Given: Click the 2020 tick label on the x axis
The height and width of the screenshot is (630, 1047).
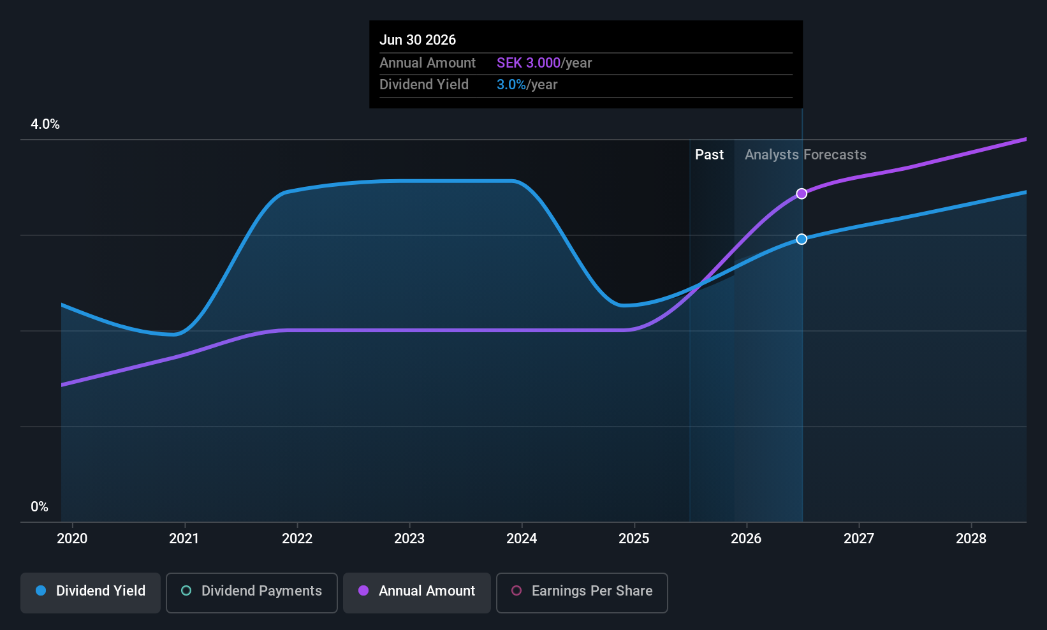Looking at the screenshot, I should tap(72, 539).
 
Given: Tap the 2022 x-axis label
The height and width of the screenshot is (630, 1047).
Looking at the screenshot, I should tap(297, 539).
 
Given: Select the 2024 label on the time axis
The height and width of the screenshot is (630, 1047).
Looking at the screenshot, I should tap(522, 539).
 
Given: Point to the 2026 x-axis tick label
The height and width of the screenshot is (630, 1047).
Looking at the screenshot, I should tap(746, 539).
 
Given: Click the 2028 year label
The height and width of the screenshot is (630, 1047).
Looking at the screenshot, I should tap(970, 539).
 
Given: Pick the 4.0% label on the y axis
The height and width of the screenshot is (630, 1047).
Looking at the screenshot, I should tap(45, 124).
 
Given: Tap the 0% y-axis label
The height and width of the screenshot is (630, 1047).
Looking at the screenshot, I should tap(40, 507).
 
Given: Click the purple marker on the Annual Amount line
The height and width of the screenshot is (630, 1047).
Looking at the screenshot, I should tap(802, 194).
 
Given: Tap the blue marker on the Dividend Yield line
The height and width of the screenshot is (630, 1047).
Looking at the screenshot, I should tap(802, 239).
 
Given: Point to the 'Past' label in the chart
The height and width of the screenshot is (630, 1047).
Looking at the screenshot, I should tap(709, 155).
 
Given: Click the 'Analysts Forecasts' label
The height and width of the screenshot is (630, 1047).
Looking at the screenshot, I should tap(805, 155).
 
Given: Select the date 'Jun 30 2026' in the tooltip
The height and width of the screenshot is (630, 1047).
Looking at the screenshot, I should tap(418, 40).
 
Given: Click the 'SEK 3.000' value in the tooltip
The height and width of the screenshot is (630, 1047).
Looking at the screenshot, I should tap(529, 63).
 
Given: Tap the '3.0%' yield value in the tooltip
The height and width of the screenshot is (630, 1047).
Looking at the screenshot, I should tap(511, 85).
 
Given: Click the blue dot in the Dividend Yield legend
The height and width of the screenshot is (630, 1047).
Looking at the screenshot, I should tap(41, 591).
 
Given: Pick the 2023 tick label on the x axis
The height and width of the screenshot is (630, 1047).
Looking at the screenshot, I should tap(409, 539).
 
